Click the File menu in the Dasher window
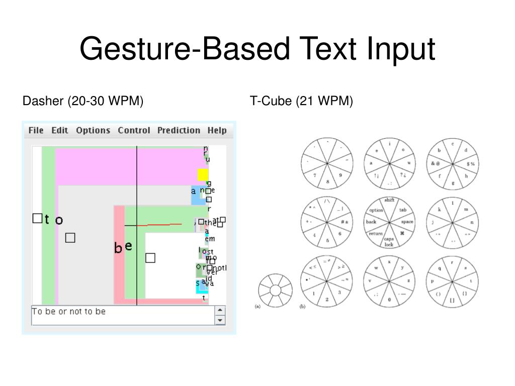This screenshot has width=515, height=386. [36, 131]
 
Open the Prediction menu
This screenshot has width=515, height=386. [179, 131]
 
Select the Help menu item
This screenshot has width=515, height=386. [217, 131]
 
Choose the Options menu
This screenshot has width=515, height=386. [93, 131]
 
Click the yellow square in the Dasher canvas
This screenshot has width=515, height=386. [203, 174]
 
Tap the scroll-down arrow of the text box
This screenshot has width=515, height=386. [220, 320]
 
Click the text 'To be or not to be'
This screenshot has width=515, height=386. [69, 312]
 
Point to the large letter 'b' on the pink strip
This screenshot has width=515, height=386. [118, 248]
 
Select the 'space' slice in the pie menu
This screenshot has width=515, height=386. [407, 222]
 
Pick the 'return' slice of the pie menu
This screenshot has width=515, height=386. [375, 234]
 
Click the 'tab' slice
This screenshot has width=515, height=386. [403, 210]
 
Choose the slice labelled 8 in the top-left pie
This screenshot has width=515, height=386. [328, 181]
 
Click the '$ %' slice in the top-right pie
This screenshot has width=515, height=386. [471, 164]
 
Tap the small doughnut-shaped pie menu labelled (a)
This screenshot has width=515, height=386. [275, 290]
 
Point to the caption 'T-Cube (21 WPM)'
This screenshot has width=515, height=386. [302, 101]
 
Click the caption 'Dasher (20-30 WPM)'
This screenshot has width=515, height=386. [83, 101]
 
